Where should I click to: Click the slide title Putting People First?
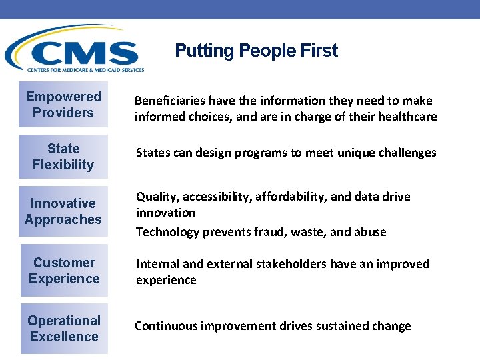click(256, 51)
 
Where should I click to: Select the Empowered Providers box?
click(63, 105)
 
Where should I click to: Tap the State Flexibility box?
click(63, 157)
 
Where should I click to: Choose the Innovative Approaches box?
click(63, 211)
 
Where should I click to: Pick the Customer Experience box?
click(63, 271)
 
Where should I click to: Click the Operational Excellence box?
click(63, 329)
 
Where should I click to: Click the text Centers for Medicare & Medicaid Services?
click(85, 69)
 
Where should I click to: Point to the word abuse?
click(370, 232)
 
